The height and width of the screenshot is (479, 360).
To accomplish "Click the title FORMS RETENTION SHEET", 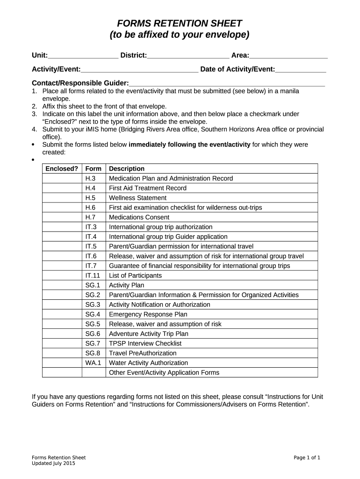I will [180, 23].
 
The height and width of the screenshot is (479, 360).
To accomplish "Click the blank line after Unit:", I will [83, 56].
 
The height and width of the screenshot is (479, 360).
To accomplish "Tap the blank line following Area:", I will [288, 56].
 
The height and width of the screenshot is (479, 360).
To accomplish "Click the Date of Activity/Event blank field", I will [301, 70].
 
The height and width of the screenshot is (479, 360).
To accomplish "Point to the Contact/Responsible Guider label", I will [80, 83].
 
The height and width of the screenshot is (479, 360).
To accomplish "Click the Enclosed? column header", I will [62, 168].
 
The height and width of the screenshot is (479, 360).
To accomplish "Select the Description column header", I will [127, 168].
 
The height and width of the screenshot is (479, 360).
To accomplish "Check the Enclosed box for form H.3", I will [62, 178].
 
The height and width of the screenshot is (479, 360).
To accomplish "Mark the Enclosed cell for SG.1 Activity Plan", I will [62, 285].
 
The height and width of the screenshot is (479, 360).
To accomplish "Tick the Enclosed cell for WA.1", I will [62, 363].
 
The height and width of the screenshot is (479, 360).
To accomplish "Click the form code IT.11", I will [93, 276].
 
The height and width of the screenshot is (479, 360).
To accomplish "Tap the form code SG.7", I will [93, 343].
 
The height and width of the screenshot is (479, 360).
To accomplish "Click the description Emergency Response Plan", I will [148, 314].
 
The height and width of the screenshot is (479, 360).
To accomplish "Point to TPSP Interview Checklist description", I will [145, 343].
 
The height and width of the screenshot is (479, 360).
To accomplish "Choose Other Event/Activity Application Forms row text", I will [164, 373].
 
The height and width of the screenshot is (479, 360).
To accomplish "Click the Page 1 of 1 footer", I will [307, 457].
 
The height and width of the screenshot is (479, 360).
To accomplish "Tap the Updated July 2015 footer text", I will [53, 463].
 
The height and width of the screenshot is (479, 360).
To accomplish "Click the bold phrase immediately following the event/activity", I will [189, 145].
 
